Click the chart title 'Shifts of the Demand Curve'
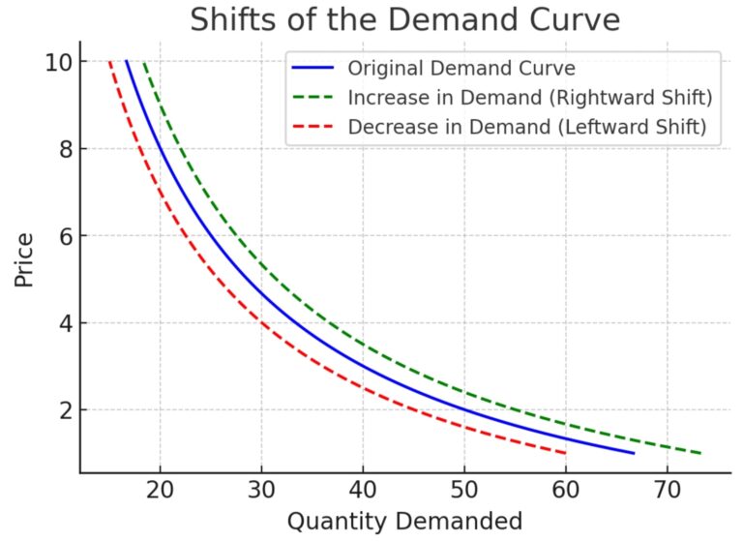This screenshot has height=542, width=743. coord(404,20)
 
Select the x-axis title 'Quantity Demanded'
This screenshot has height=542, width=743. coord(404,521)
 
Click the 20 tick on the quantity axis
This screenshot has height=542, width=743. coord(160,490)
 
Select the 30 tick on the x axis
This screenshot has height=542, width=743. coord(261,490)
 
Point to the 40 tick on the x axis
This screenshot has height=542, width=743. coord(363,490)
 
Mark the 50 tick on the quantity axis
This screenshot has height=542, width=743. coord(464,490)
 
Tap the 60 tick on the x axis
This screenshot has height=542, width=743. coord(566,490)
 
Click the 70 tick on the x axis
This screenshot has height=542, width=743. coord(667,490)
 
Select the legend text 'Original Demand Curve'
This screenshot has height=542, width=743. coord(461,69)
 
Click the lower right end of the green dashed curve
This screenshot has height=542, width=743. coord(700,453)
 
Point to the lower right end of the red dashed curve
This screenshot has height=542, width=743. coord(566,453)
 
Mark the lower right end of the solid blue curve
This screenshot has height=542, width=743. coord(634,453)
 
